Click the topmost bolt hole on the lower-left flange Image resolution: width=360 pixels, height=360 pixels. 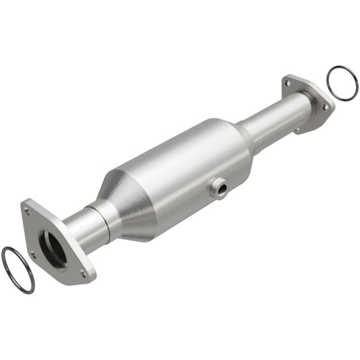point(28,211)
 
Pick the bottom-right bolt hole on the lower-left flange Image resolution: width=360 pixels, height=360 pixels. point(83,274)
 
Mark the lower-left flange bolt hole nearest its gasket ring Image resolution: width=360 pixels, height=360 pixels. point(32,255)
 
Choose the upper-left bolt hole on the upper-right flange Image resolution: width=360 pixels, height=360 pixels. point(288,83)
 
